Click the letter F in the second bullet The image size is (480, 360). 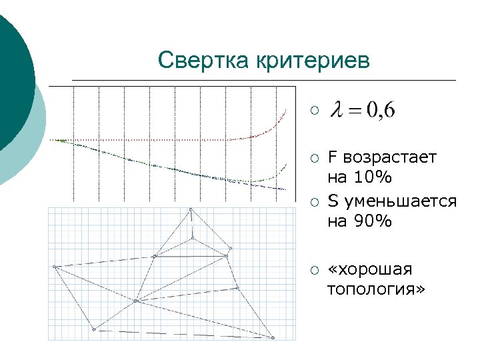tap(332, 158)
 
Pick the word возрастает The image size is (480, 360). tap(389, 158)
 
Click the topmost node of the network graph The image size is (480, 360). tap(191, 209)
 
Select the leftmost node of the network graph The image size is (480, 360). tap(55, 267)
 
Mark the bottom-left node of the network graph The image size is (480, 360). tap(94, 329)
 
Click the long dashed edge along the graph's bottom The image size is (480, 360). tap(183, 333)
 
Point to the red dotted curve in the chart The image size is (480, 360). tap(167, 140)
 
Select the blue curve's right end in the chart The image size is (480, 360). tap(285, 191)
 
